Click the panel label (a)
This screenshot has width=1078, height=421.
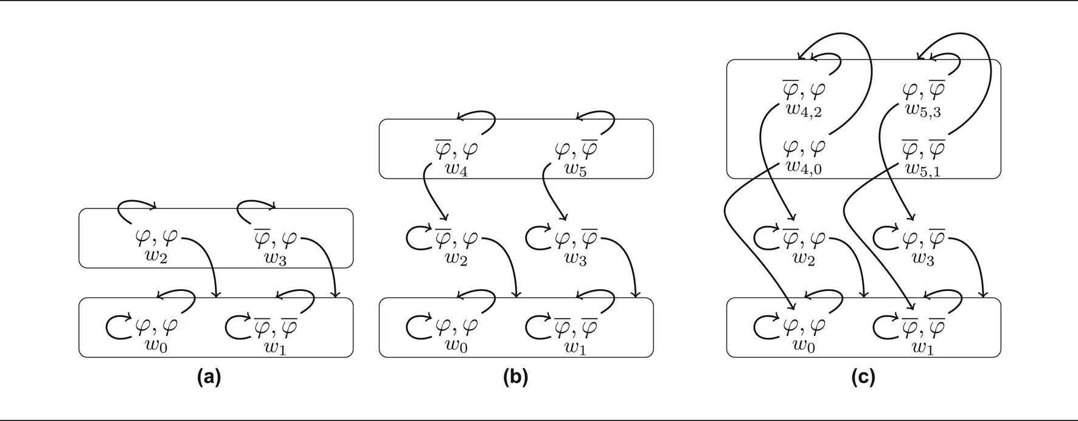[x=209, y=377]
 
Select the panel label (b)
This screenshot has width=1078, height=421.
[x=516, y=377]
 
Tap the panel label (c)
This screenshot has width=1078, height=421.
[x=863, y=377]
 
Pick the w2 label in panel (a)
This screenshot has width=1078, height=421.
[x=156, y=257]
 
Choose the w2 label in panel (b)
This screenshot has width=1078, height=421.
[x=456, y=257]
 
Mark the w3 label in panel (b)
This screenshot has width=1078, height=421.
[x=576, y=257]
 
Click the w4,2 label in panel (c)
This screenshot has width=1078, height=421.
[x=804, y=110]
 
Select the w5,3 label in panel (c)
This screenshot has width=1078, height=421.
[x=923, y=110]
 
